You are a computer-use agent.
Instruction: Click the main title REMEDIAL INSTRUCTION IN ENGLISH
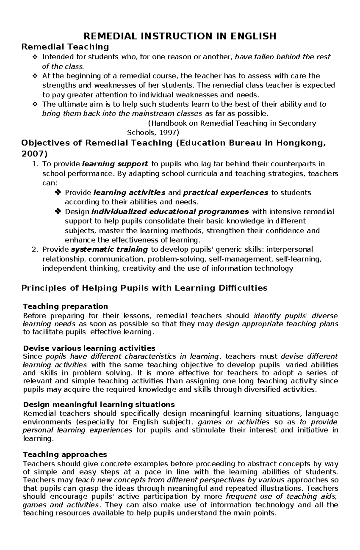(x=180, y=36)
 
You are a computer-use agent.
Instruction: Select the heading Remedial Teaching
(x=65, y=47)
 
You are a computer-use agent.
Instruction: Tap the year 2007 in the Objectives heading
(x=34, y=154)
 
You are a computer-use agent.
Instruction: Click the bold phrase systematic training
(x=109, y=249)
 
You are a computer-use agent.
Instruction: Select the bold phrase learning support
(x=115, y=164)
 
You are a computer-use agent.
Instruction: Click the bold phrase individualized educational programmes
(x=170, y=212)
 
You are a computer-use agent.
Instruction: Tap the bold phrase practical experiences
(x=226, y=192)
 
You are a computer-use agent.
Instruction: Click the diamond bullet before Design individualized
(x=58, y=212)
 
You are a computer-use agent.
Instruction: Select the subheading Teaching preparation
(x=65, y=306)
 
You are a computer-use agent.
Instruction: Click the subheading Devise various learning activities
(x=89, y=348)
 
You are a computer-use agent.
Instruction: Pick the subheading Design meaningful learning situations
(x=99, y=405)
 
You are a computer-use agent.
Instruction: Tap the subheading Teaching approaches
(x=65, y=454)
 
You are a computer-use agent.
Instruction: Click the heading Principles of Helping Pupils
(x=144, y=288)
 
